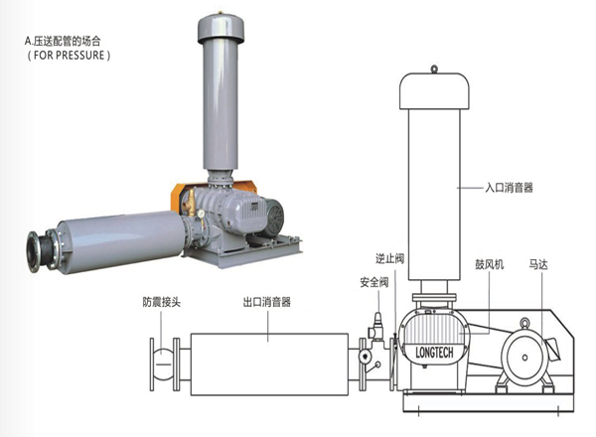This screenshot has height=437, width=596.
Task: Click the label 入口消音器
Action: pos(512,186)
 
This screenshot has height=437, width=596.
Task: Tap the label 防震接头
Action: pos(164,301)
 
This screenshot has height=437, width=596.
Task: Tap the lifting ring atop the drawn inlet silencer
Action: pos(434,69)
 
